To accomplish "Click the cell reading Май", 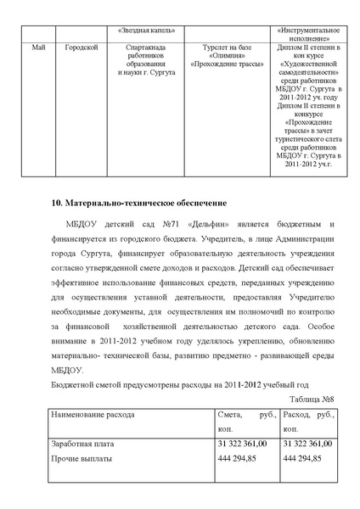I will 37,48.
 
